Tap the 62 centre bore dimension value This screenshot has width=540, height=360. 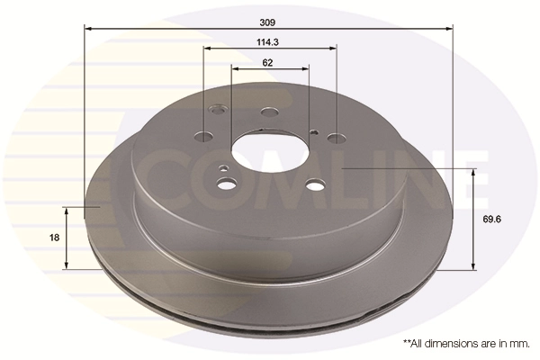[268, 62]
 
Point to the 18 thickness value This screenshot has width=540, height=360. [54, 237]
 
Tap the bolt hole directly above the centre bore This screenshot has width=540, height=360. [268, 112]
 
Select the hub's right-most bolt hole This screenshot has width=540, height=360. [335, 138]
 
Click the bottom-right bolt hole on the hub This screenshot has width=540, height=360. [313, 184]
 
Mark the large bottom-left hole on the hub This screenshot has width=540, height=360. [228, 184]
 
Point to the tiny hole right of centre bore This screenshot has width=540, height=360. [313, 131]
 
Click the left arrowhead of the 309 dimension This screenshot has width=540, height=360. [88, 29]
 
